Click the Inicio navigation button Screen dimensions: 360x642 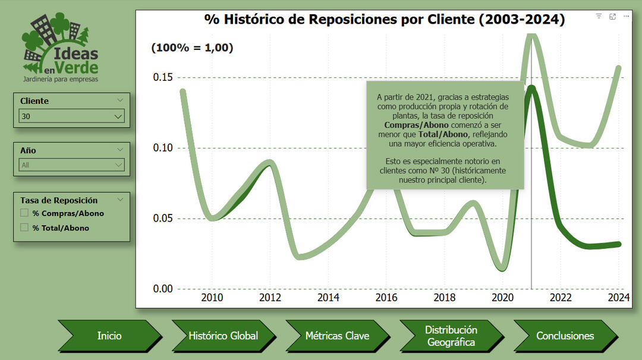pyautogui.click(x=109, y=336)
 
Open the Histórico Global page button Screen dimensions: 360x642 pyautogui.click(x=223, y=336)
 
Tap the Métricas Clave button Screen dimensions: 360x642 pyautogui.click(x=337, y=336)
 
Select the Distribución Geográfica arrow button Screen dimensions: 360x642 pyautogui.click(x=451, y=336)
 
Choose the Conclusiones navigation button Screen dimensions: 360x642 pyautogui.click(x=565, y=336)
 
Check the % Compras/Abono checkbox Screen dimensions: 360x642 pyautogui.click(x=24, y=213)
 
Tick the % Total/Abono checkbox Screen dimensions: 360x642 pyautogui.click(x=24, y=227)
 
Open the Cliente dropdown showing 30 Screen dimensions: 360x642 pyautogui.click(x=71, y=116)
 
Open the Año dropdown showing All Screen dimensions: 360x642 pyautogui.click(x=71, y=165)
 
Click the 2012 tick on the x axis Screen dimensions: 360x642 pyautogui.click(x=270, y=298)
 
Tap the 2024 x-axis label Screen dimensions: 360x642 pyautogui.click(x=619, y=298)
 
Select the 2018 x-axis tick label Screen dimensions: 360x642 pyautogui.click(x=445, y=298)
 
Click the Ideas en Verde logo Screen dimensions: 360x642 pyautogui.click(x=59, y=48)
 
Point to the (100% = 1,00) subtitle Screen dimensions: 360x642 pyautogui.click(x=192, y=48)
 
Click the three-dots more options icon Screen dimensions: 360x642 pyautogui.click(x=626, y=17)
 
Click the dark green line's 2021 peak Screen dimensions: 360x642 pyautogui.click(x=531, y=89)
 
